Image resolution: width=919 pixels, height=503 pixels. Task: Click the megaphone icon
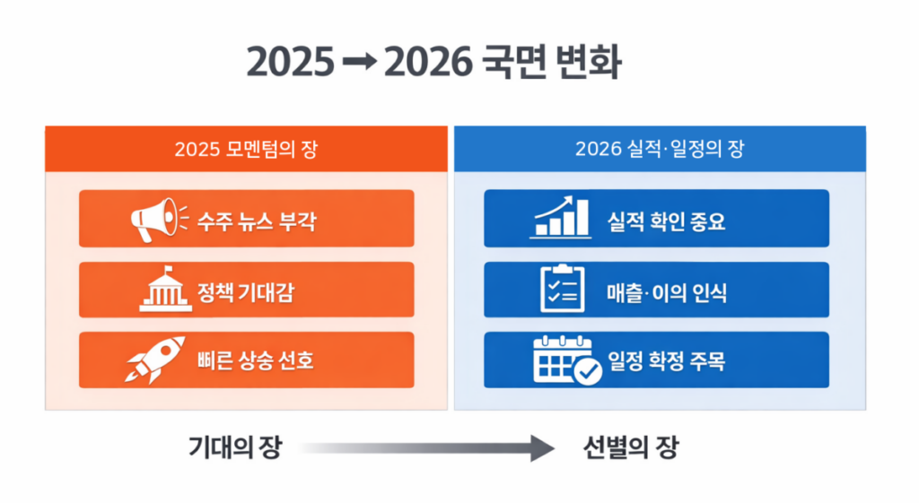click(x=159, y=219)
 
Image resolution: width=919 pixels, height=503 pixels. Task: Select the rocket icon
click(x=156, y=360)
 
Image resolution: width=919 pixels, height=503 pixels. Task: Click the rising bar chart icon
click(x=561, y=218)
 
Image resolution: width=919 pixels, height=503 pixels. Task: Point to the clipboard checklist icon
click(x=562, y=289)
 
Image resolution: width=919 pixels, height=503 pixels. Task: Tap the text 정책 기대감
click(x=247, y=291)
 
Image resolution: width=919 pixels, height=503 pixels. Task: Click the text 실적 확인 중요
click(x=666, y=220)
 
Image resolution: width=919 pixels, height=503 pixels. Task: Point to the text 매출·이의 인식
click(x=666, y=291)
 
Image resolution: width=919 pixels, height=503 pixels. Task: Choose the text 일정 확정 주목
click(x=666, y=360)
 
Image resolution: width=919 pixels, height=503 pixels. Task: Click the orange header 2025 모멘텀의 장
click(x=246, y=149)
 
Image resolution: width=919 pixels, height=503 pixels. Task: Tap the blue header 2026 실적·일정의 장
click(x=660, y=149)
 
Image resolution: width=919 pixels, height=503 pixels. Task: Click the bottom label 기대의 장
click(x=235, y=447)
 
